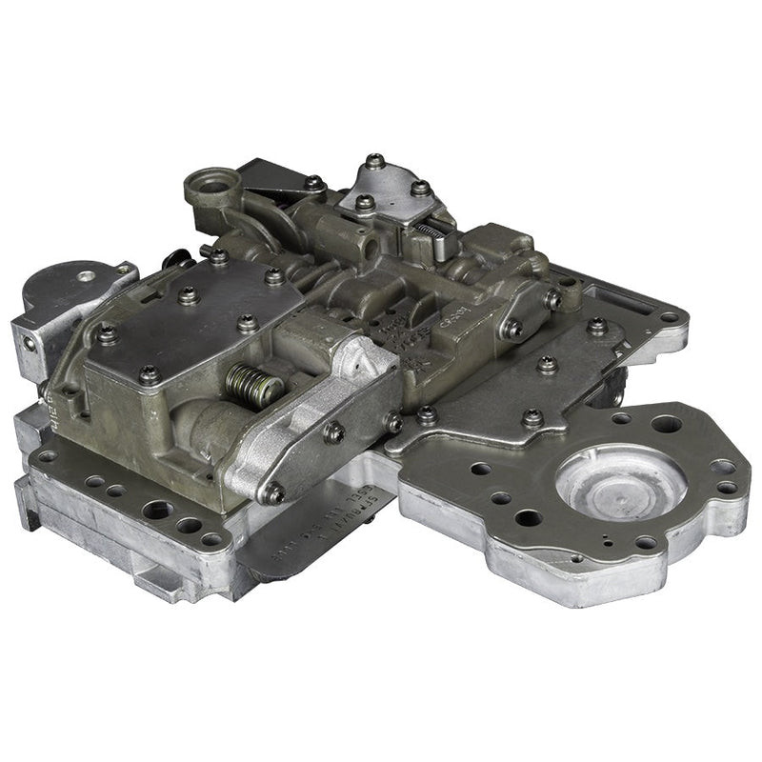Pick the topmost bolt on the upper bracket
[374, 161]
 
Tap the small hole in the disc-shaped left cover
[87, 275]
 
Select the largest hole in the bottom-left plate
[157, 510]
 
